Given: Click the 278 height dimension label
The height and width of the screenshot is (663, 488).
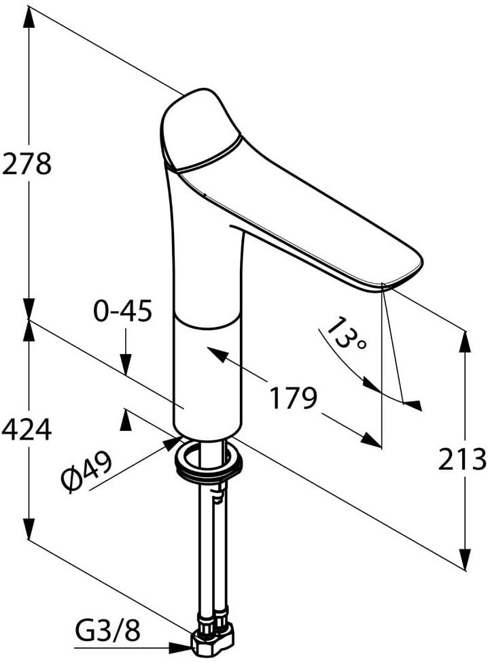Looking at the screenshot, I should [x=27, y=164].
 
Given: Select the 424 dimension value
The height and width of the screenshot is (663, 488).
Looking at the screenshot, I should [x=27, y=430].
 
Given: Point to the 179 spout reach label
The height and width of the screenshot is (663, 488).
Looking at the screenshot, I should [x=293, y=398].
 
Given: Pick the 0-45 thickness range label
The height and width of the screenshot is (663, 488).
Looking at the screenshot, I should [x=123, y=312].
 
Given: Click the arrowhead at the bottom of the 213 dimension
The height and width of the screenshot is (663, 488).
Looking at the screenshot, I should [x=465, y=558].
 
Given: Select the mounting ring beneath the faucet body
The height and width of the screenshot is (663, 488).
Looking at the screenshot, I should [x=209, y=459].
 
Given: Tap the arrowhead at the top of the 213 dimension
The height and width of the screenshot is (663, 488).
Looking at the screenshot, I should [x=465, y=341].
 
